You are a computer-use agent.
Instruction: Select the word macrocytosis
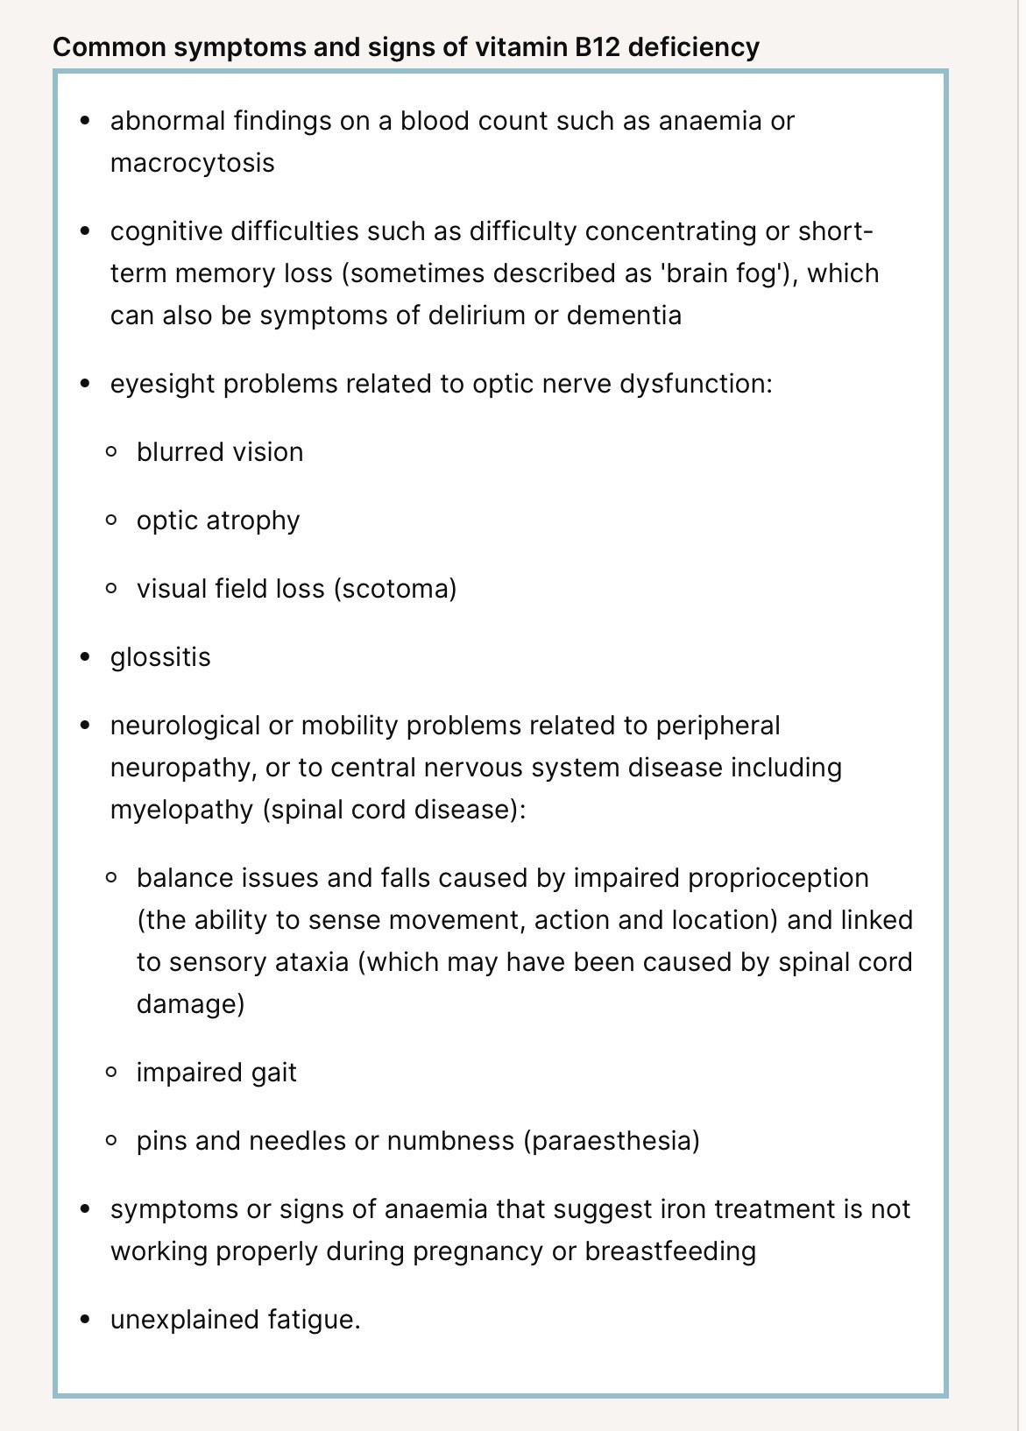193,163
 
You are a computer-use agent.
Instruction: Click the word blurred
176,452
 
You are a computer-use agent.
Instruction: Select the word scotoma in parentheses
395,589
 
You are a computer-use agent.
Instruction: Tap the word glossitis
160,657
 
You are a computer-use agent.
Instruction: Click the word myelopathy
181,809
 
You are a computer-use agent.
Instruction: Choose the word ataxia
311,962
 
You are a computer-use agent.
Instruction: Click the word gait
274,1073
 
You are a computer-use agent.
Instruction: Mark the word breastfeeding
670,1251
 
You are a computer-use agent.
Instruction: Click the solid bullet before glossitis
85,657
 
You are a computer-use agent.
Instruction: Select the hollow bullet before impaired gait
111,1072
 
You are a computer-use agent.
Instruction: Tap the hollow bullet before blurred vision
111,452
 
